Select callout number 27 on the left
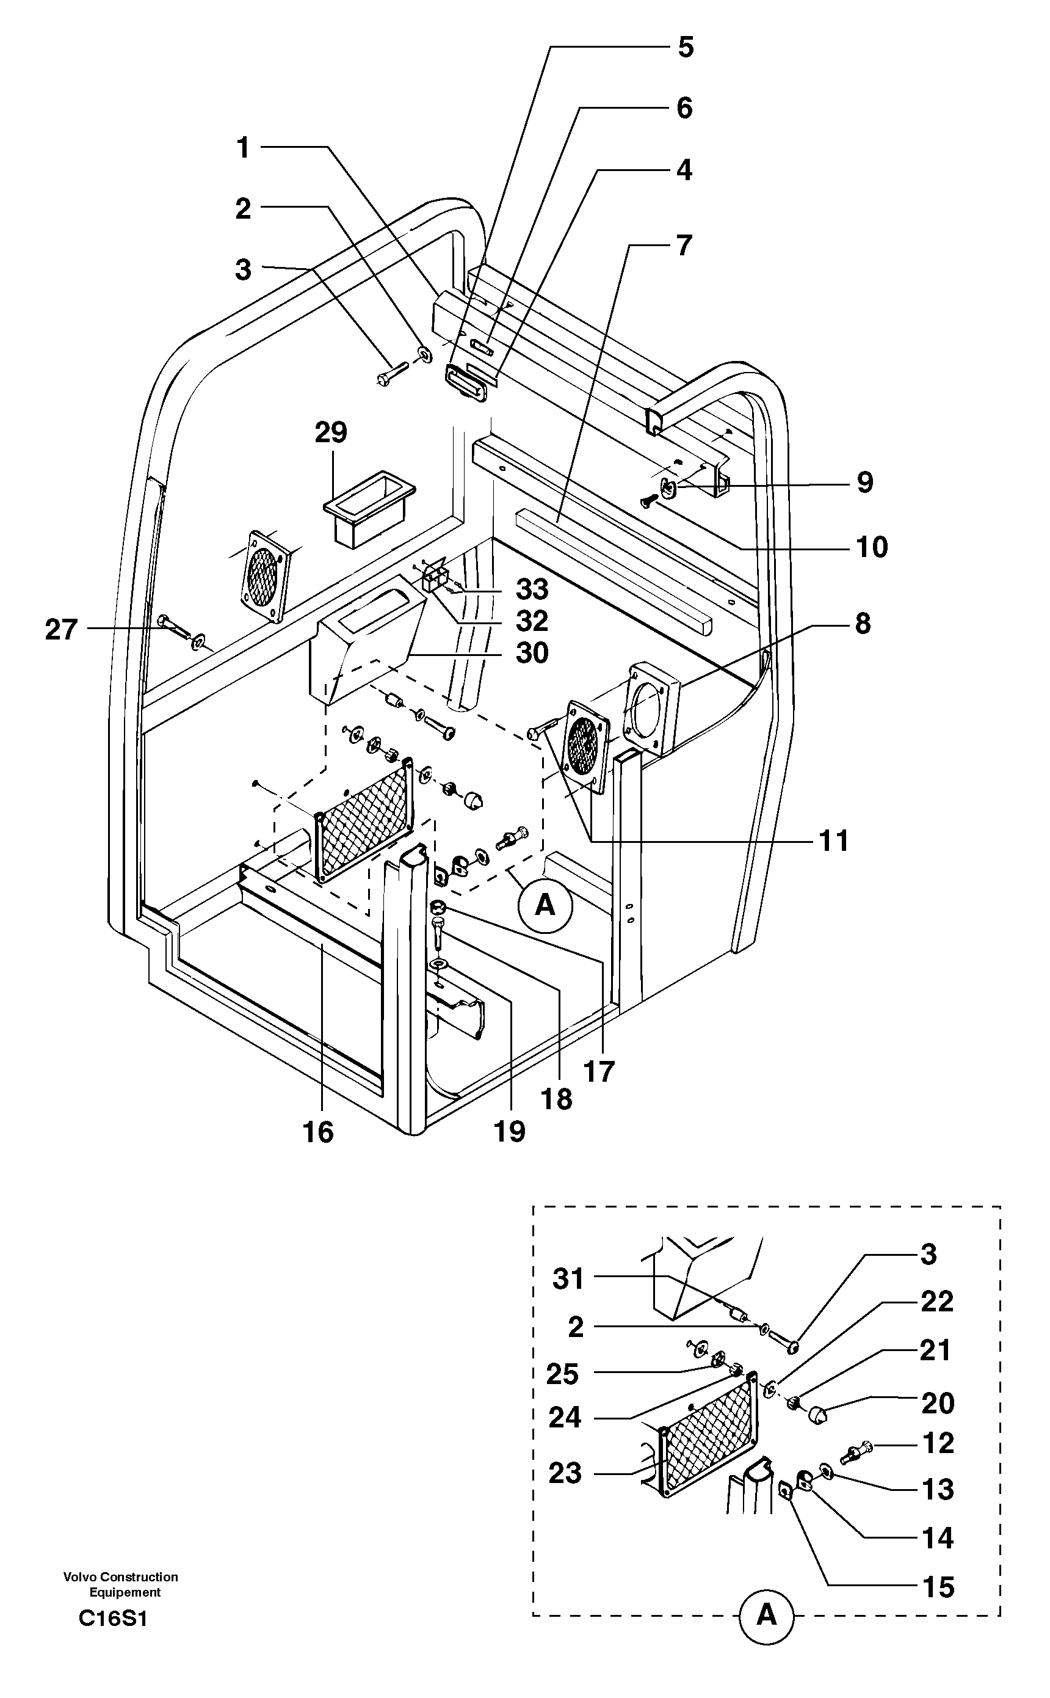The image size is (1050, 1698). pos(61,630)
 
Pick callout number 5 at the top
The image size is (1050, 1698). pos(685,47)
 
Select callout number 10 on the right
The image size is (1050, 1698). pos(872,547)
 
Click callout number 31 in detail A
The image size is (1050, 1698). pos(568,1278)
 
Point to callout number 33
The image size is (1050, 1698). pos(532,589)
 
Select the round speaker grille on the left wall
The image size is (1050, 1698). pos(264,576)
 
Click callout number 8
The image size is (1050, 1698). pos(863,623)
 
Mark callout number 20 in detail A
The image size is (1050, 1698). pos(938,1404)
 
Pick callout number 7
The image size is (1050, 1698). pos(684,246)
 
